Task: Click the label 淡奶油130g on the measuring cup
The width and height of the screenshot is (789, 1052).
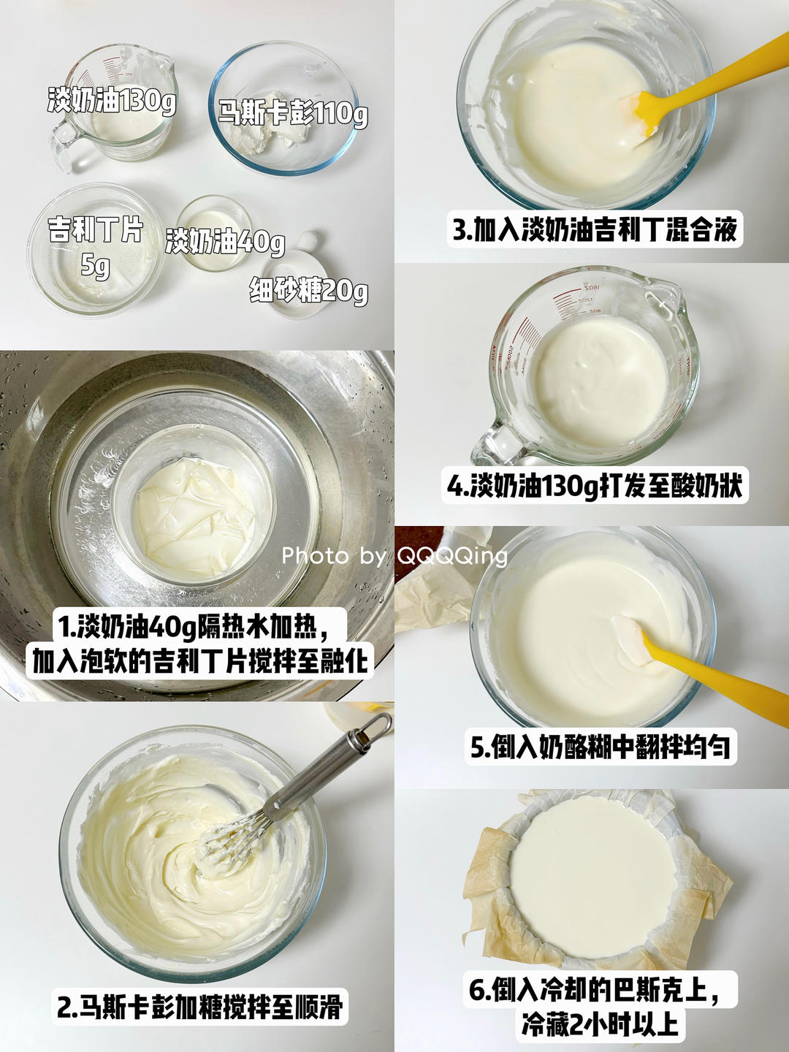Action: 112,100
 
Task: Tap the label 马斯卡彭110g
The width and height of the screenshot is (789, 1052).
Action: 293,113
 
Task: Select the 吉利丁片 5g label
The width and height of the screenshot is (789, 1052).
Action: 95,245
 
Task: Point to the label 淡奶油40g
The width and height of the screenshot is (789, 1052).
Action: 225,241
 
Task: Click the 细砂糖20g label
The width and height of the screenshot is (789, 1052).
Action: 308,290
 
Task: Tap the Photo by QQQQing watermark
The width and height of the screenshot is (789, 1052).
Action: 394,556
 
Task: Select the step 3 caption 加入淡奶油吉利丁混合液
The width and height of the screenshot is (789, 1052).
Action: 595,229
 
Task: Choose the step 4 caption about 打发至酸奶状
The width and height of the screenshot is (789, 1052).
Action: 595,486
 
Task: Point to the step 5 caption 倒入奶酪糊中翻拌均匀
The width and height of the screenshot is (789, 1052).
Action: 600,747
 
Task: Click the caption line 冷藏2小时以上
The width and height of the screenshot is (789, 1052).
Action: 600,1024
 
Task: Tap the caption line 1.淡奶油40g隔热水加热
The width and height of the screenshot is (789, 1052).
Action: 194,626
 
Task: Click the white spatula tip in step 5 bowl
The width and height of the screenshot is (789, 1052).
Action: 633,641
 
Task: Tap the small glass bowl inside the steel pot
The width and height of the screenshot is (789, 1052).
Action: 194,511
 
